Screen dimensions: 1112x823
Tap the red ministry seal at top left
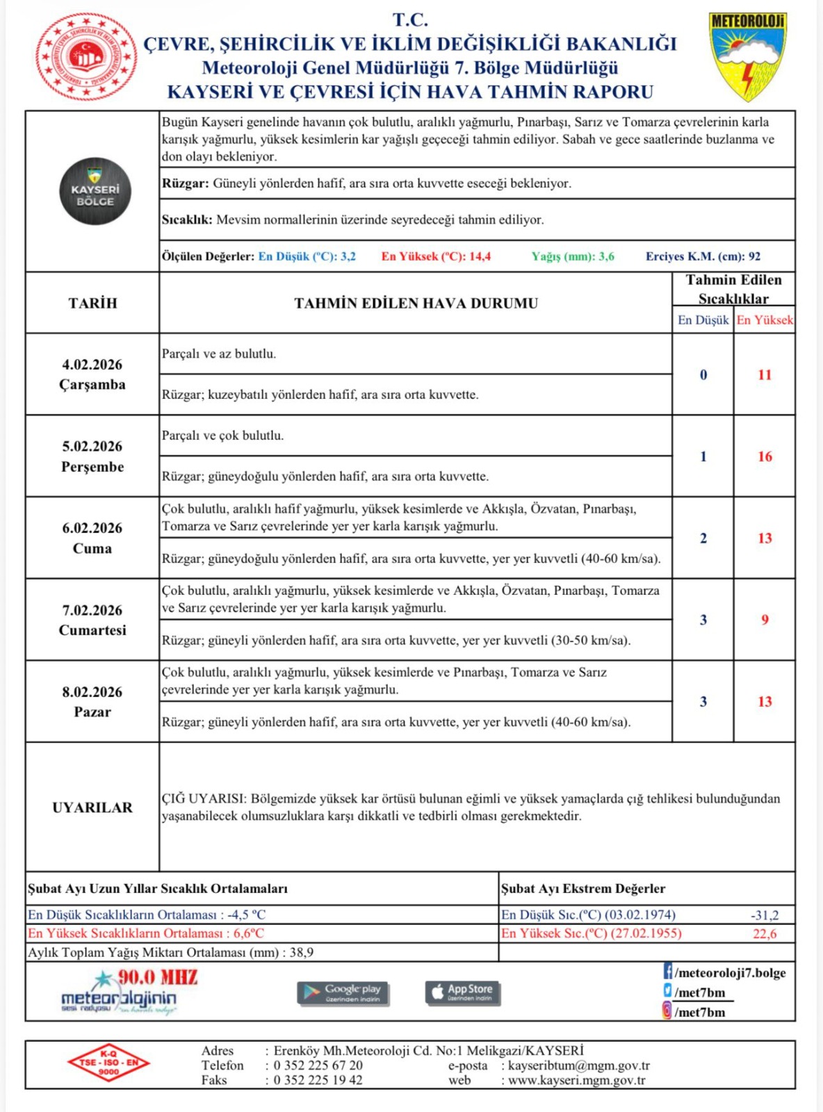click(86, 57)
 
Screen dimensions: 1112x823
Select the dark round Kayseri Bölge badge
click(95, 191)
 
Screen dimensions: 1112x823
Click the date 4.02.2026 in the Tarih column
click(92, 365)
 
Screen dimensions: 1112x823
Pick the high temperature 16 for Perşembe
click(765, 457)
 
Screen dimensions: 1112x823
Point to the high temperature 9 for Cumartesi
click(765, 619)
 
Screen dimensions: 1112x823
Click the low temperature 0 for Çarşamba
click(703, 375)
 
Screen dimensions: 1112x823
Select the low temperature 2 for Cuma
click(703, 538)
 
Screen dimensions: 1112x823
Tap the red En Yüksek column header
click(765, 320)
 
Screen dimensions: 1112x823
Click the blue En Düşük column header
click(703, 320)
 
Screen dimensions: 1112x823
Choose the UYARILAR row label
click(92, 808)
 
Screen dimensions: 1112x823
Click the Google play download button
click(343, 992)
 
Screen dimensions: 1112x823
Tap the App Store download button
click(462, 992)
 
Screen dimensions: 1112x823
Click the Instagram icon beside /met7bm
click(667, 1011)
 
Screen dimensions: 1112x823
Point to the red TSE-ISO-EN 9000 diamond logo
click(108, 1063)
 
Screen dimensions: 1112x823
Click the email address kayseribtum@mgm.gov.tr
click(579, 1065)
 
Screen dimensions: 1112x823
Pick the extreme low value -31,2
click(765, 915)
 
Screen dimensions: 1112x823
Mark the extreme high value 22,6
click(765, 933)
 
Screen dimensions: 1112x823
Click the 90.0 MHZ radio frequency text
click(158, 977)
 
